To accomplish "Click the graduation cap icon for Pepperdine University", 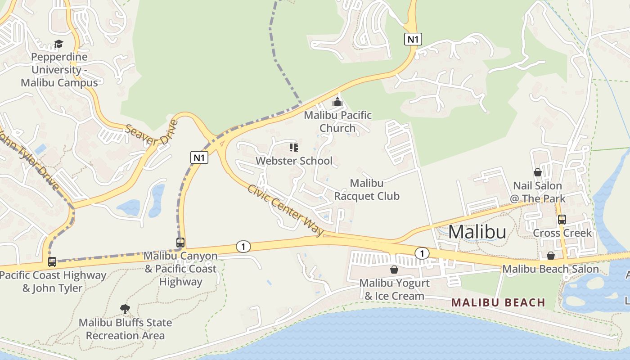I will point(58,44).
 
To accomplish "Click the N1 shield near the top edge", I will point(413,39).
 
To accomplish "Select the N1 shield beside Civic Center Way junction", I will point(200,157).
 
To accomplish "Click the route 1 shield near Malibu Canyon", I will point(243,247).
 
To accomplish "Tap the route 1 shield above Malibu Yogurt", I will point(422,254).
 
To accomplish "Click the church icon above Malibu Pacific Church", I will point(337,102).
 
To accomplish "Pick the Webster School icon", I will point(294,148).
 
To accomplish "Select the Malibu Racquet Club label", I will point(367,190).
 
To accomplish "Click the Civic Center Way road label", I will point(285,210).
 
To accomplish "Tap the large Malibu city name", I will point(477,232).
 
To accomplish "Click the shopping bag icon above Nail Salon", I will point(537,172).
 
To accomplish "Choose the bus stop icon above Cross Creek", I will point(562,220).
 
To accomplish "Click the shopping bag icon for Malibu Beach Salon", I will point(550,256).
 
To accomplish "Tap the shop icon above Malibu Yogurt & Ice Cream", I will point(394,270).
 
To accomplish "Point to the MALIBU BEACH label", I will point(499,302).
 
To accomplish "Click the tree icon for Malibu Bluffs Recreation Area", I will point(125,309).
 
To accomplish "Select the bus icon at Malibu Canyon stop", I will point(180,243).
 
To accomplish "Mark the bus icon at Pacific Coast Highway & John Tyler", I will point(52,262).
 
